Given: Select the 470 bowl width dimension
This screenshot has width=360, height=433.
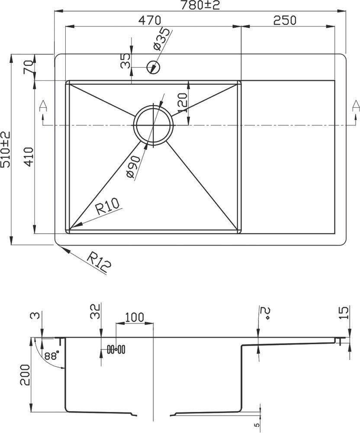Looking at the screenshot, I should [150, 20].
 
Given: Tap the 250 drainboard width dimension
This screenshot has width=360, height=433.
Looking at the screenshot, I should [285, 20].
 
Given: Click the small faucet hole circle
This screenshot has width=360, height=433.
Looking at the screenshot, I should [153, 67].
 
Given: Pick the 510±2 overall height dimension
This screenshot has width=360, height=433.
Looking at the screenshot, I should [6, 149].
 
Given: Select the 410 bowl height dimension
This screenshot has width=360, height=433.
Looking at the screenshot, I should [29, 156].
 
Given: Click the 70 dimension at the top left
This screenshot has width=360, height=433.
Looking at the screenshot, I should [29, 67].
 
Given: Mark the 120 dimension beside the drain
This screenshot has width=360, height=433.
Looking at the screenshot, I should [182, 103].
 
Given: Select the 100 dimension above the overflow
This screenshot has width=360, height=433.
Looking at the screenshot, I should [135, 317].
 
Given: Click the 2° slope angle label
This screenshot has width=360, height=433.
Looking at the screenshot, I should [264, 313].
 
